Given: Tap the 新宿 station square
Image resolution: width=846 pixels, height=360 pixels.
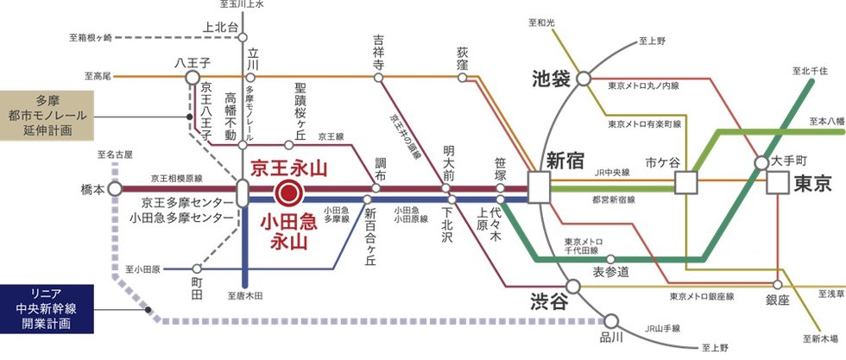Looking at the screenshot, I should (x=540, y=188).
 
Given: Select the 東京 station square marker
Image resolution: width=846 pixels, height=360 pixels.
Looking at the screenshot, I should (x=777, y=183).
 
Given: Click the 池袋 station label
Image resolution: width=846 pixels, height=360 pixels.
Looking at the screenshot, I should (x=552, y=80).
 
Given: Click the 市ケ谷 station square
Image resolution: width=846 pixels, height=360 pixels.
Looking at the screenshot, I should (x=686, y=182).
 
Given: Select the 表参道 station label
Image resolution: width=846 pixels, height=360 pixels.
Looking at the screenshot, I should (x=610, y=273).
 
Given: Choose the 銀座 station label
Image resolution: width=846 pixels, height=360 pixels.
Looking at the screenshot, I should (x=777, y=300).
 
